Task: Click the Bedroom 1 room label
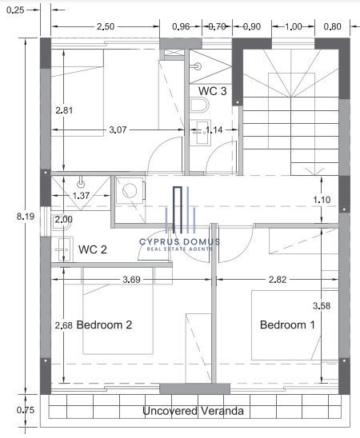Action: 287,325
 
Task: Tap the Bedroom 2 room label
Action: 104,325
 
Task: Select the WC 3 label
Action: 213,91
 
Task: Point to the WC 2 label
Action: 93,249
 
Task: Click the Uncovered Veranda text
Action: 193,411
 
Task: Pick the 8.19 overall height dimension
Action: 26,217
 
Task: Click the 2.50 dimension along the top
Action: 106,26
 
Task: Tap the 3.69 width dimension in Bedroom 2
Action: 132,279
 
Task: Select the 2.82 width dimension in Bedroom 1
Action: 278,279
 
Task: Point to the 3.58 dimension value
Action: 322,306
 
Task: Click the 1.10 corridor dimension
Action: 322,200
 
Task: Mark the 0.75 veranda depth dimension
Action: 26,410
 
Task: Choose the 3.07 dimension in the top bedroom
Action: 118,130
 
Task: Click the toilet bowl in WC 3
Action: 199,105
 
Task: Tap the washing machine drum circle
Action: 130,191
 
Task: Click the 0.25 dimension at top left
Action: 15,10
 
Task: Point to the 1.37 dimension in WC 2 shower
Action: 82,196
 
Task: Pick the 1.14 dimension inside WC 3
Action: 214,130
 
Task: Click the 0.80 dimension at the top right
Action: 332,26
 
